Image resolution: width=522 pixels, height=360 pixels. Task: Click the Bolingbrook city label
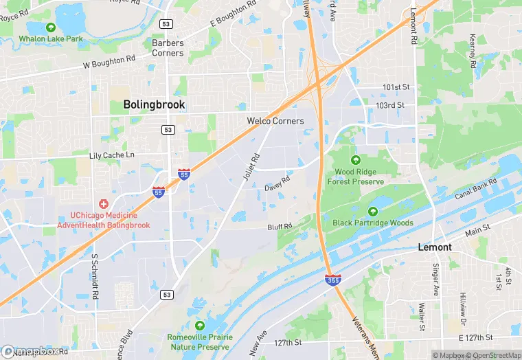pos(154,104)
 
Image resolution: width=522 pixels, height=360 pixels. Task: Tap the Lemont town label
pos(435,247)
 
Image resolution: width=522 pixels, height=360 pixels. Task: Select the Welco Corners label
pos(275,121)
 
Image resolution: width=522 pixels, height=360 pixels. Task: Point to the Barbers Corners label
pos(168,48)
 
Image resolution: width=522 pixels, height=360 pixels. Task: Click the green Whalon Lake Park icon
pos(50,27)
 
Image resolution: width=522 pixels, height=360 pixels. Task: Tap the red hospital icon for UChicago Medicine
pos(104,204)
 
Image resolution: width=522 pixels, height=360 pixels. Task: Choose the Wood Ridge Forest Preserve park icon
pos(355,160)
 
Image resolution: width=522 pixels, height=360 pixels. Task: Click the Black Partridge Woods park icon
pos(373,211)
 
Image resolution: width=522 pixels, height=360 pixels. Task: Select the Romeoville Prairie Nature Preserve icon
pos(200,325)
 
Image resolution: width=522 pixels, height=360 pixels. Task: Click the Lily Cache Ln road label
pos(112,156)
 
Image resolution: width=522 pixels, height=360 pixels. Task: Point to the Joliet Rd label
pos(251,167)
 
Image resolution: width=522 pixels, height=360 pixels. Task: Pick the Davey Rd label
pos(277,183)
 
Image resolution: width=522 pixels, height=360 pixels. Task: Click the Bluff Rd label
pos(280,226)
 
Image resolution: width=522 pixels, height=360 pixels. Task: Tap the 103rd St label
pos(390,105)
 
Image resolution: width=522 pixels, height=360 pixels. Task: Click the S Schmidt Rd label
pos(94,275)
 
